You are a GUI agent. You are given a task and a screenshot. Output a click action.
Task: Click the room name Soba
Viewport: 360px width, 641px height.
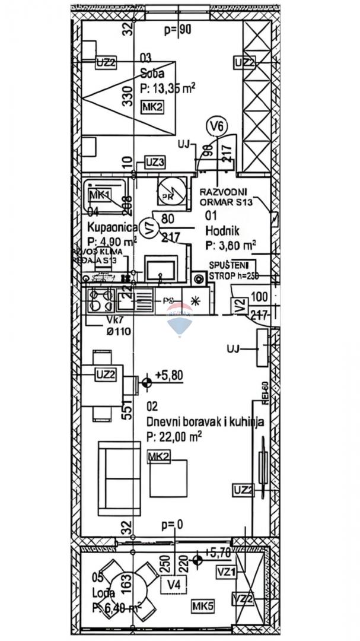coord(152,74)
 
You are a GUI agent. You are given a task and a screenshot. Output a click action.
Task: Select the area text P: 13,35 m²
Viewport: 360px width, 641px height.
coord(168,88)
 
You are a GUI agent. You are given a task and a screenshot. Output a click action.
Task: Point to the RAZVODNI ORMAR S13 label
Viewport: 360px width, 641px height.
coord(227,196)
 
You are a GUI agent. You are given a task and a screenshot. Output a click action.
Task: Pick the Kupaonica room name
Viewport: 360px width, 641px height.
coord(112,227)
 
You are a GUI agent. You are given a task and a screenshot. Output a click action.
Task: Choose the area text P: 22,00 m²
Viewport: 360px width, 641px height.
coord(174,436)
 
